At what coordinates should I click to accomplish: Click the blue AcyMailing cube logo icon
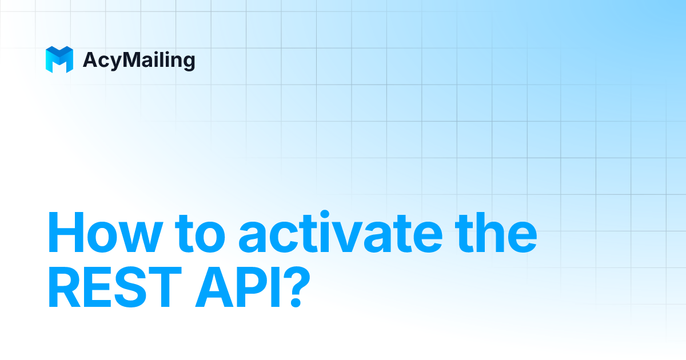pyautogui.click(x=59, y=59)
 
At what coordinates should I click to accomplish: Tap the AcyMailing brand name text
pyautogui.click(x=139, y=60)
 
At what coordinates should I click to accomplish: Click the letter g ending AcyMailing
pyautogui.click(x=188, y=62)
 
